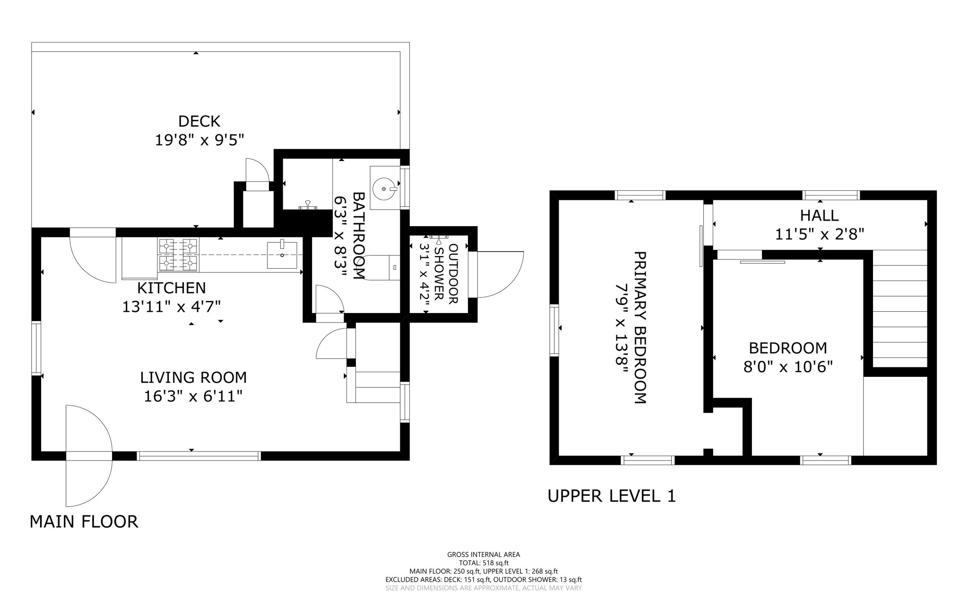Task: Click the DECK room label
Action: click(199, 121)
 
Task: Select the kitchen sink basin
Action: click(282, 255)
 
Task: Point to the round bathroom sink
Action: click(384, 189)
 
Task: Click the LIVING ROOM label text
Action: click(193, 377)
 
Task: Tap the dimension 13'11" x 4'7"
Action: click(172, 307)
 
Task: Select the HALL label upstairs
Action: click(819, 215)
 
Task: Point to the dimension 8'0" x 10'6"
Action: click(788, 367)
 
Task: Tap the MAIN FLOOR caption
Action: click(84, 521)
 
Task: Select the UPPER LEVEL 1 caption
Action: click(612, 496)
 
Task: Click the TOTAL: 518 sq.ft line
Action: click(484, 563)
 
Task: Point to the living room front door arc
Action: click(89, 456)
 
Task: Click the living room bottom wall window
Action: click(199, 456)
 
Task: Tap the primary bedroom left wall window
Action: click(554, 330)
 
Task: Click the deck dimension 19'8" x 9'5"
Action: click(199, 140)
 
